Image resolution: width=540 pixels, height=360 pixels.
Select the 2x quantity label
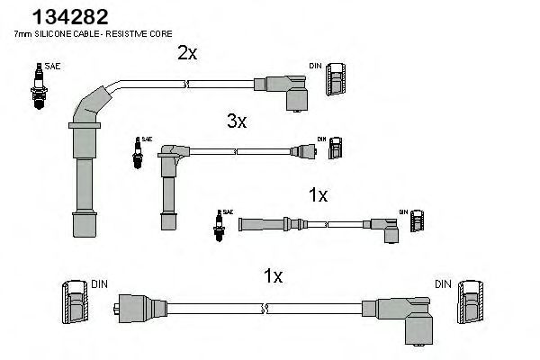click(x=187, y=53)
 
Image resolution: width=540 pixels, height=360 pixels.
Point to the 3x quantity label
click(x=237, y=121)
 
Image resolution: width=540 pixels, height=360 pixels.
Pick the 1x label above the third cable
click(x=318, y=193)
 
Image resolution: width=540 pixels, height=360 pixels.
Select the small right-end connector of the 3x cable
click(x=302, y=151)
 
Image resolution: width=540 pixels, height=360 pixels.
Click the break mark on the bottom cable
click(x=262, y=309)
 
